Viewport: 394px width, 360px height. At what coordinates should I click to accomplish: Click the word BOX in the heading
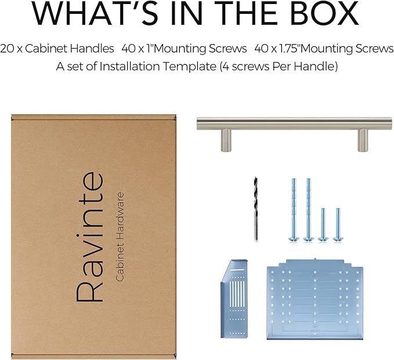click(x=324, y=13)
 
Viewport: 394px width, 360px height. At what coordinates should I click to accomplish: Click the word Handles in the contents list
click(x=92, y=49)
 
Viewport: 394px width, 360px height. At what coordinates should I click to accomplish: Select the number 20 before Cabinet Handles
click(x=7, y=49)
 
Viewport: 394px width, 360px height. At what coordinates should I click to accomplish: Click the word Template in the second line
click(x=190, y=67)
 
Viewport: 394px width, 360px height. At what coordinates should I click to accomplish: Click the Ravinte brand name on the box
click(x=90, y=237)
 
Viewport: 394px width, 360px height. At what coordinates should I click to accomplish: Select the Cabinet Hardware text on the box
click(x=120, y=237)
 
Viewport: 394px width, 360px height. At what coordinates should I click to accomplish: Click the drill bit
click(x=256, y=209)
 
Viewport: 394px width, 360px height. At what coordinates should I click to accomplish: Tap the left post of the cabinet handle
click(x=226, y=140)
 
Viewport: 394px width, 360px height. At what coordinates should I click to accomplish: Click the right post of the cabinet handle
click(x=363, y=140)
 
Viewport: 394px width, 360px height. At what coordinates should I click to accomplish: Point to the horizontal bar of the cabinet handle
click(x=294, y=123)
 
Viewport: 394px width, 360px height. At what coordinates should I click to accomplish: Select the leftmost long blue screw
click(x=294, y=210)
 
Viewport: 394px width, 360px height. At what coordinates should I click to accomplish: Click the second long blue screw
click(x=309, y=210)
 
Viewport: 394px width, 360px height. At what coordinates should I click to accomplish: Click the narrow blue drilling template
click(x=234, y=299)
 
